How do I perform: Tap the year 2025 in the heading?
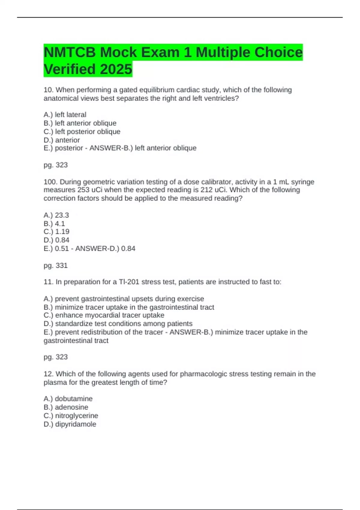pyautogui.click(x=116, y=69)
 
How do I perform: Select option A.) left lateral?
pyautogui.click(x=65, y=115)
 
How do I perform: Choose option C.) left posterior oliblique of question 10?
pyautogui.click(x=82, y=131)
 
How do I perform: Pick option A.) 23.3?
pyautogui.click(x=56, y=215)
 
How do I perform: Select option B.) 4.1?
pyautogui.click(x=54, y=223)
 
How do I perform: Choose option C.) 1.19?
pyautogui.click(x=56, y=232)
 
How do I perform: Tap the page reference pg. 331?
pyautogui.click(x=55, y=265)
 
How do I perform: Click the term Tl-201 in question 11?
pyautogui.click(x=129, y=282)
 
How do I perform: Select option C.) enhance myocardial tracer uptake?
pyautogui.click(x=104, y=315)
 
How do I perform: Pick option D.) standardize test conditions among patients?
pyautogui.click(x=118, y=324)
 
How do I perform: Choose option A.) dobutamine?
pyautogui.click(x=68, y=399)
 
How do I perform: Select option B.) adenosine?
pyautogui.click(x=66, y=407)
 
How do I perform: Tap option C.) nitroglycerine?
pyautogui.click(x=71, y=415)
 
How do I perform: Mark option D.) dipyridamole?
pyautogui.click(x=70, y=424)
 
